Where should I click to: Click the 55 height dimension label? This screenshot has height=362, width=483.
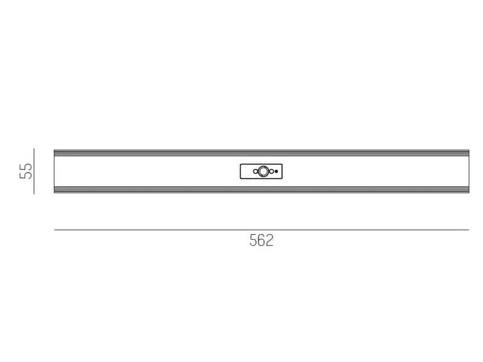pos(25,171)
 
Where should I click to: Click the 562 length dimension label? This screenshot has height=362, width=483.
pos(261,240)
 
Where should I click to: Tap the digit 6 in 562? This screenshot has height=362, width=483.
pos(261,240)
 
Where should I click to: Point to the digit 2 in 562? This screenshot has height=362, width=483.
pos(269,240)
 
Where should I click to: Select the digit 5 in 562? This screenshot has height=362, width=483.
pos(253,240)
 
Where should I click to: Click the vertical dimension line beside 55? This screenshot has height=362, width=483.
pos(34,171)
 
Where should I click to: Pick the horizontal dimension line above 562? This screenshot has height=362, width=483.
pos(261,230)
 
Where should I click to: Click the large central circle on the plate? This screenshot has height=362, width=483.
pos(263,171)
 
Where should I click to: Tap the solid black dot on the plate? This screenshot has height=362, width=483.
pos(277,171)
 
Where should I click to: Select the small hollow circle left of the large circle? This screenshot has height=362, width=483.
pos(255,171)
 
